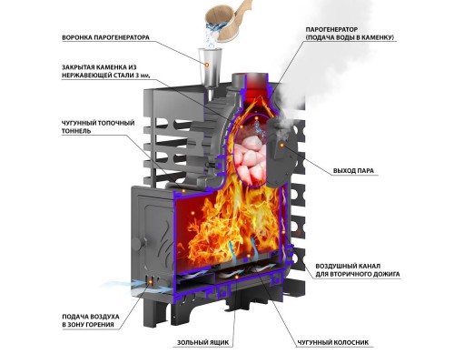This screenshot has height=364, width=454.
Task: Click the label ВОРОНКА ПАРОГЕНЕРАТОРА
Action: coord(105,38)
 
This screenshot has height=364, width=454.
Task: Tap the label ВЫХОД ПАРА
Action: coord(353,171)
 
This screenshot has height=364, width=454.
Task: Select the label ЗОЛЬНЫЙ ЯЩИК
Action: coord(202,342)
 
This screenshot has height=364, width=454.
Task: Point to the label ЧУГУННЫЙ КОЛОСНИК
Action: coord(333,342)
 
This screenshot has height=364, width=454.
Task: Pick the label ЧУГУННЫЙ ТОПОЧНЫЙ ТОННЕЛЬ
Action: coord(98,127)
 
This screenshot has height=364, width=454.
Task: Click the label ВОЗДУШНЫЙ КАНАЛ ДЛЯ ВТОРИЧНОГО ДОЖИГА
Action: coord(358,270)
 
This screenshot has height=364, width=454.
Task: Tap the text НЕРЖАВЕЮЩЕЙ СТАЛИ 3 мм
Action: coord(106,76)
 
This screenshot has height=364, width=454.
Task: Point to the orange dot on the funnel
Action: coord(207,65)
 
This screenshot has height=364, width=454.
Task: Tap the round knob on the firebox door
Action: coord(137,244)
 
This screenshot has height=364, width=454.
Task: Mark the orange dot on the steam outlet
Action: coord(281,146)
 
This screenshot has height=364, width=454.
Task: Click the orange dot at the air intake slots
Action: coord(151,283)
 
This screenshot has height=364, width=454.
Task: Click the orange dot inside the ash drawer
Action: coord(237,277)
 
